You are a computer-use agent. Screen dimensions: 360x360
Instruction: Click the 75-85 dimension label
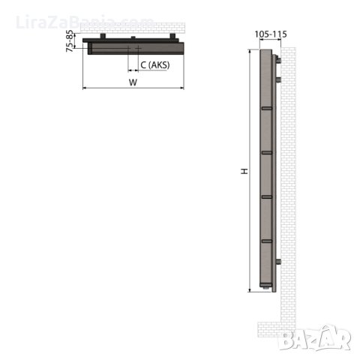click(70, 40)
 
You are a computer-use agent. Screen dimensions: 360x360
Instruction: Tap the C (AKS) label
click(155, 65)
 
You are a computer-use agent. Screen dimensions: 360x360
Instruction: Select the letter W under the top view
click(133, 82)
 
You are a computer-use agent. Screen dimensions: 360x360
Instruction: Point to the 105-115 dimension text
click(271, 34)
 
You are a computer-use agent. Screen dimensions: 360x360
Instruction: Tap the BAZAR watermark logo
click(315, 338)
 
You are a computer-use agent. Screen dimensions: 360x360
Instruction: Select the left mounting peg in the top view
click(103, 36)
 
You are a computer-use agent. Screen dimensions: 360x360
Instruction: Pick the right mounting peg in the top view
click(172, 36)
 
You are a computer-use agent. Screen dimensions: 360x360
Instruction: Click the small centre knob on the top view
click(133, 37)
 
